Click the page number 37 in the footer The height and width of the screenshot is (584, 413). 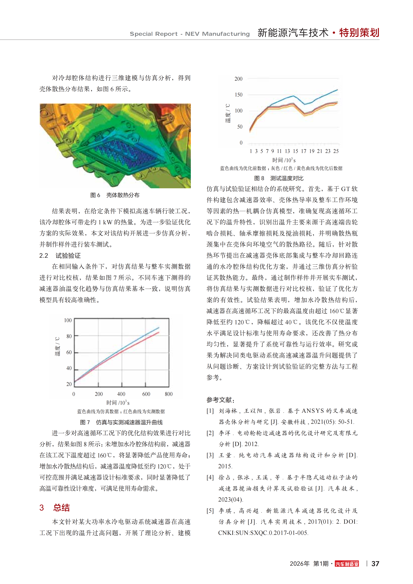[375, 564]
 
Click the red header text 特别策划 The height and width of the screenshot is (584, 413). [359, 33]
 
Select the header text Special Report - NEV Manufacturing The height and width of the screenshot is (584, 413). [190, 34]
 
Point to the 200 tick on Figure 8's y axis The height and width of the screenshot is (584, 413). [238, 79]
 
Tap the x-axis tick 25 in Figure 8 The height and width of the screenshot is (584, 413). [336, 151]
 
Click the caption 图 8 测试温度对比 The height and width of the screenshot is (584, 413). [279, 178]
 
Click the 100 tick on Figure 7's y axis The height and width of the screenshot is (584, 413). [68, 320]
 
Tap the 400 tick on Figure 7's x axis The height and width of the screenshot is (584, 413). [121, 394]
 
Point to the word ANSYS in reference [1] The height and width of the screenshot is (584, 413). [312, 411]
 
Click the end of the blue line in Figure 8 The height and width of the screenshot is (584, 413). [337, 90]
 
